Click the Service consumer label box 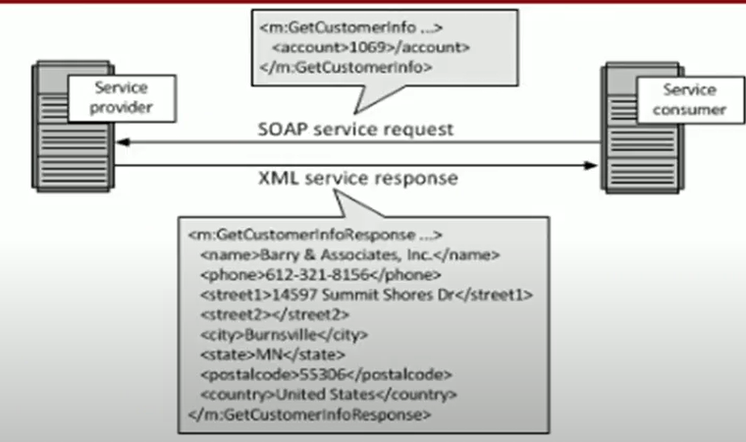(676, 101)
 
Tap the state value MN (263, 355)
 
